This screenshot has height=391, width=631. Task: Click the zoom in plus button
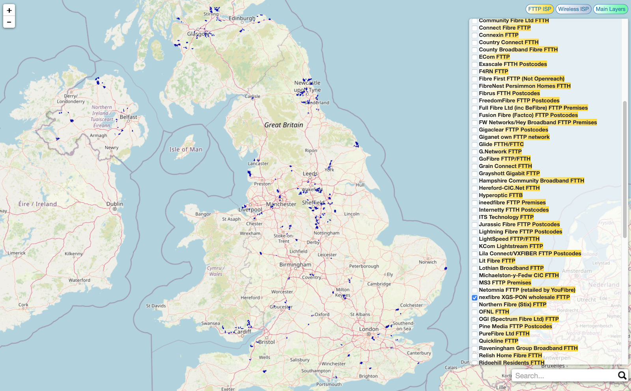click(9, 10)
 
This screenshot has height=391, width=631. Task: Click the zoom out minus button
click(9, 22)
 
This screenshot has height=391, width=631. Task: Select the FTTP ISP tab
click(540, 9)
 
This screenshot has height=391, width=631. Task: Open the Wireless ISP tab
click(573, 9)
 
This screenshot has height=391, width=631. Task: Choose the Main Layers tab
click(610, 9)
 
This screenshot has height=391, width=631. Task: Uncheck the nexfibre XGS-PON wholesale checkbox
click(474, 298)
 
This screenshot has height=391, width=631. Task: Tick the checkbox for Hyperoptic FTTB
click(474, 195)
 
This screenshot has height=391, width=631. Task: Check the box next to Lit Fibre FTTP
click(474, 261)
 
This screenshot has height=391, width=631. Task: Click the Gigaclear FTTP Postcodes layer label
click(513, 130)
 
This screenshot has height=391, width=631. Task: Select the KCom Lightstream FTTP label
click(511, 246)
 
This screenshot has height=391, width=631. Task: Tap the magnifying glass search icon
click(622, 375)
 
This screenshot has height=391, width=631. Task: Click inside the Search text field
click(564, 376)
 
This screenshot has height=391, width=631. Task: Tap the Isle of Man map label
click(186, 149)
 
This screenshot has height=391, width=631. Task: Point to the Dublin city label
click(114, 204)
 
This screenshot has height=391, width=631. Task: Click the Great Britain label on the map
click(284, 125)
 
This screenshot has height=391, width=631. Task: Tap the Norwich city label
click(428, 262)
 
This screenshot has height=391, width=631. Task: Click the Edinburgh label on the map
click(242, 18)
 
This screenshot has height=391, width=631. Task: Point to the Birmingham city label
click(295, 264)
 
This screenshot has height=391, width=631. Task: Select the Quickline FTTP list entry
click(498, 341)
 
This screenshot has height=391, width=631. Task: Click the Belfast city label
click(128, 117)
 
